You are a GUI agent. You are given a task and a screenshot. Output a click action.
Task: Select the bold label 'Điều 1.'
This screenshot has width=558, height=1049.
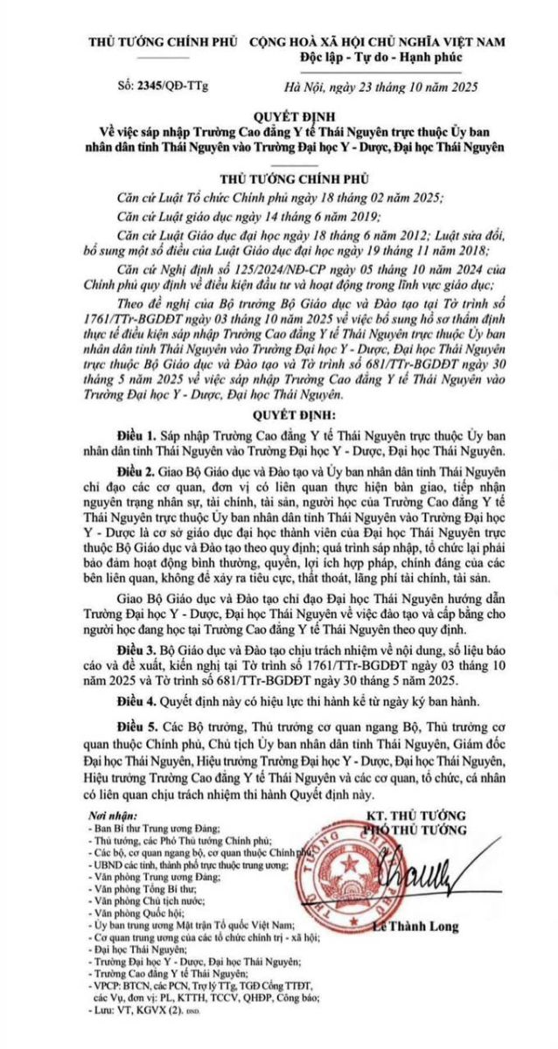pos(136,434)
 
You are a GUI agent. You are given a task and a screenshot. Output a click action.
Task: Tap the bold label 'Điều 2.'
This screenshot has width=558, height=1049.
pos(136,469)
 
